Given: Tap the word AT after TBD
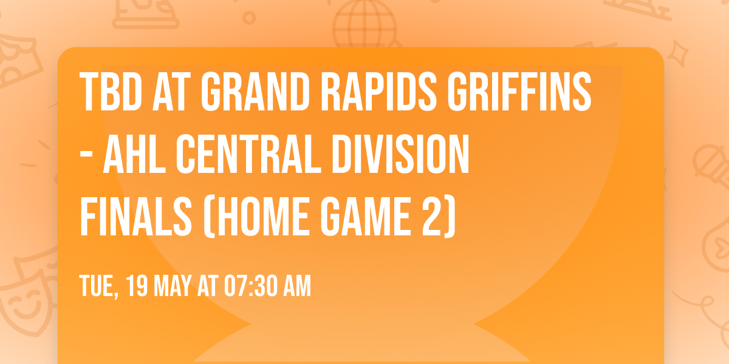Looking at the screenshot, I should pos(171,93).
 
